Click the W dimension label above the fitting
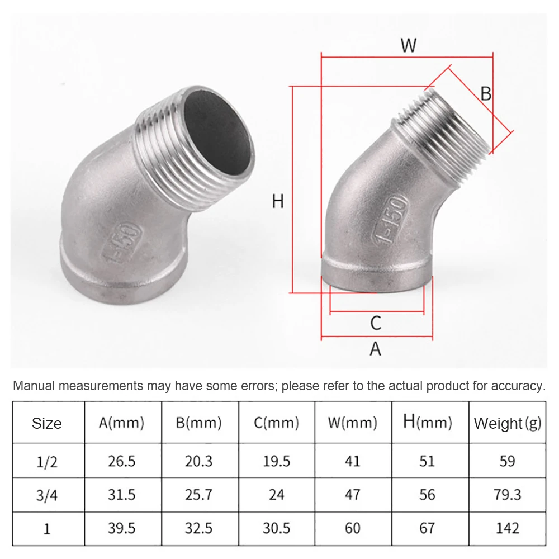[x=408, y=45]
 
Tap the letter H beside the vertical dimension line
[x=278, y=201]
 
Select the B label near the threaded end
[x=486, y=93]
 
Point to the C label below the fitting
[x=376, y=323]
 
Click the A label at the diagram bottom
[x=376, y=349]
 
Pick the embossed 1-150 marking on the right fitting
[x=390, y=219]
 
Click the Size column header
[x=47, y=424]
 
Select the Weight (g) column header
[x=508, y=424]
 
